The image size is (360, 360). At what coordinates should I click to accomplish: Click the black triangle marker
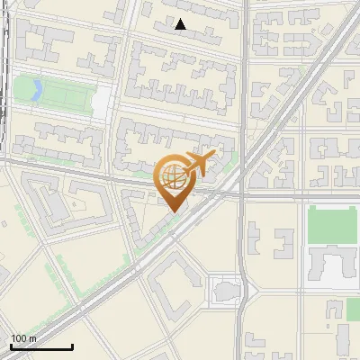(x=181, y=25)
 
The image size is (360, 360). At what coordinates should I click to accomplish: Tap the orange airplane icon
(x=200, y=163)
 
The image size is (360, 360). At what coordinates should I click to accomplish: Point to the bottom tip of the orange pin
(x=172, y=212)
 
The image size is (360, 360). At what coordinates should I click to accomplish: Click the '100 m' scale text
(x=23, y=338)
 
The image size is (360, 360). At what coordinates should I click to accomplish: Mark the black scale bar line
(x=41, y=347)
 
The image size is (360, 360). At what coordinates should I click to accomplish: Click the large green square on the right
(x=328, y=225)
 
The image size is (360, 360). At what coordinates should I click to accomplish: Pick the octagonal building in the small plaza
(x=225, y=291)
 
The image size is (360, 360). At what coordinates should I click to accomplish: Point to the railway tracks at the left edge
(x=4, y=72)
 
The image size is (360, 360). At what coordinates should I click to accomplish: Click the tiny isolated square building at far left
(x=3, y=271)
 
